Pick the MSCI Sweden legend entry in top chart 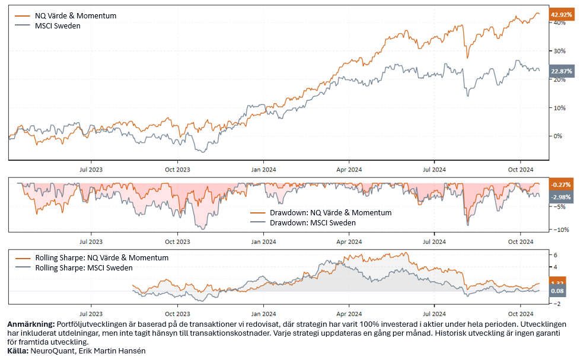pos(58,26)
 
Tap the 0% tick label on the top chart pos(557,136)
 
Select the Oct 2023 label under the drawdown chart pos(177,241)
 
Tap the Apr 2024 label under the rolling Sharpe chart pos(349,314)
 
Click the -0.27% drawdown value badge pos(562,184)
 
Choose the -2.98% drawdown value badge pos(562,197)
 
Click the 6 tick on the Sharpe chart pos(556,255)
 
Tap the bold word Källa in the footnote pos(17,351)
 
